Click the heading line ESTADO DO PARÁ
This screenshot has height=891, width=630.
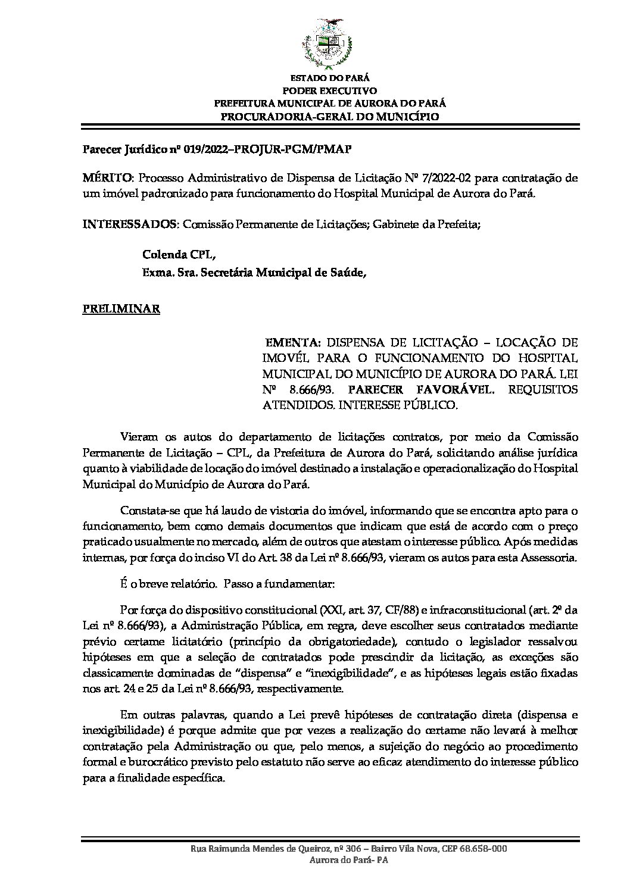pyautogui.click(x=329, y=78)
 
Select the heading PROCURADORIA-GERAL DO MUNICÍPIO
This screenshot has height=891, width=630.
pyautogui.click(x=329, y=117)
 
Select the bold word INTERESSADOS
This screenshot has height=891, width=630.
pyautogui.click(x=129, y=224)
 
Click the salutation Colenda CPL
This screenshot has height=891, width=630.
pyautogui.click(x=178, y=255)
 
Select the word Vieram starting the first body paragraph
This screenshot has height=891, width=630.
pyautogui.click(x=136, y=437)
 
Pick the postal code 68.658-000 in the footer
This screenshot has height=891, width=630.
pyautogui.click(x=484, y=866)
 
